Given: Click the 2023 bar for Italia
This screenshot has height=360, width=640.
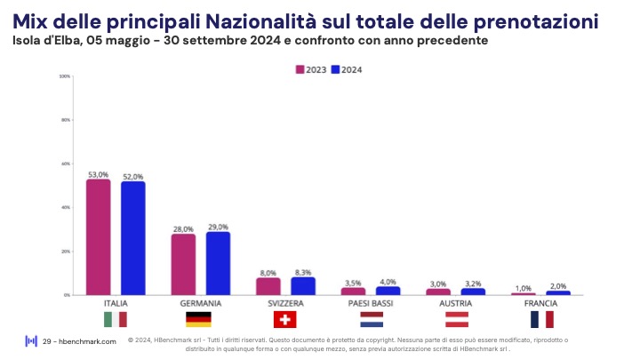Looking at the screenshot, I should (x=99, y=237).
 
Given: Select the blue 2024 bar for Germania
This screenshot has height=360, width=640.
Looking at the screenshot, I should (x=218, y=263).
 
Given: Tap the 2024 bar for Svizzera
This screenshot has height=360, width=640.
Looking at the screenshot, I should (x=303, y=285).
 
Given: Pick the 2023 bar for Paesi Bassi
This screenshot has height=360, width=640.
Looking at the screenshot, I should (x=354, y=291).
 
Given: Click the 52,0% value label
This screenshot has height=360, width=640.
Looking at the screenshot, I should (x=133, y=176).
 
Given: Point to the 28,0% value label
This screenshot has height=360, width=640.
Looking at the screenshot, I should (x=183, y=228).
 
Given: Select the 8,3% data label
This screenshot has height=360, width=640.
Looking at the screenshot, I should (x=303, y=272).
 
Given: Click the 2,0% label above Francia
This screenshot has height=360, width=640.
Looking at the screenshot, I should (x=558, y=286).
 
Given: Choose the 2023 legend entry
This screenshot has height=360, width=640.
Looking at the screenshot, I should (x=310, y=69).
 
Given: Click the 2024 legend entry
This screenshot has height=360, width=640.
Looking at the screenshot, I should (x=347, y=69).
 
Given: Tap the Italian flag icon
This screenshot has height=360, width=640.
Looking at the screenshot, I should (x=116, y=319).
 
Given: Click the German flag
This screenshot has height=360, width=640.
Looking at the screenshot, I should (x=198, y=319).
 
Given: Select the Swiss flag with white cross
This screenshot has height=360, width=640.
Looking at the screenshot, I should (x=284, y=319).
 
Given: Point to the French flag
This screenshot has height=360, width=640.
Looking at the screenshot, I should (x=541, y=319).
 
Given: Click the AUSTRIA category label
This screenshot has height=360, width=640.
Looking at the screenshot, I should (x=456, y=303).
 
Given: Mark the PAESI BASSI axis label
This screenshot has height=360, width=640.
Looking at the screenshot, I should (x=371, y=303).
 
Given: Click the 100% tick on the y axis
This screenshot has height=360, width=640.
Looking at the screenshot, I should (x=65, y=76).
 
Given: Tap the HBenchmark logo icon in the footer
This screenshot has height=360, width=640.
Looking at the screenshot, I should (x=30, y=341).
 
